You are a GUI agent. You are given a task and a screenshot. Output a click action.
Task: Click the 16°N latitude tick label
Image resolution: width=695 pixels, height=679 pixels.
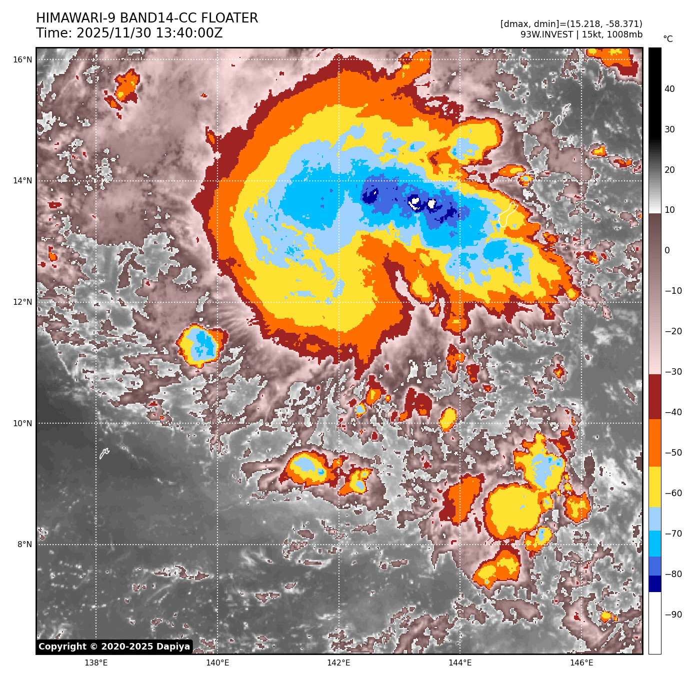[x=22, y=60]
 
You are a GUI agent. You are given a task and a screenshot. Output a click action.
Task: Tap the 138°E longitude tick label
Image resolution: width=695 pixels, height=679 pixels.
[x=96, y=663]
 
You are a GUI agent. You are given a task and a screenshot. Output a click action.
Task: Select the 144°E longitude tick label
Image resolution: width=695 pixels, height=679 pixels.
[x=460, y=663]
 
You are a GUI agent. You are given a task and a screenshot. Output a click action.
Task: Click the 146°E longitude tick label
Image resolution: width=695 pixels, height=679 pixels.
[x=581, y=663]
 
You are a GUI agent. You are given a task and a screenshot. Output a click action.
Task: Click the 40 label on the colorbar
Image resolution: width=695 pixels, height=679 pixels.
[x=669, y=89]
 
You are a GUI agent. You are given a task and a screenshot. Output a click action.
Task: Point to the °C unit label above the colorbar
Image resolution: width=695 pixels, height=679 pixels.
[x=668, y=39]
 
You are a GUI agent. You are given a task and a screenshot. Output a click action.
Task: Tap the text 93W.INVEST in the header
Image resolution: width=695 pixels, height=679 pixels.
[x=546, y=34]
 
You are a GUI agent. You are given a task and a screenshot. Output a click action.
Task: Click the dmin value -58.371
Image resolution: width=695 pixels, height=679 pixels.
[x=621, y=24]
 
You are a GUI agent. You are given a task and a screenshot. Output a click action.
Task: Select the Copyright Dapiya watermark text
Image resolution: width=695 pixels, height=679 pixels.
[x=114, y=647]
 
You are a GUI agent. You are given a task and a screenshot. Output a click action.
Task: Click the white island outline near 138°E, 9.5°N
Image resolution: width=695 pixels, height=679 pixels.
[x=104, y=453]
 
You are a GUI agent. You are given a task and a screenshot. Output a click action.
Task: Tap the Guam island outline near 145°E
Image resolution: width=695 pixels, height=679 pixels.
[x=507, y=214]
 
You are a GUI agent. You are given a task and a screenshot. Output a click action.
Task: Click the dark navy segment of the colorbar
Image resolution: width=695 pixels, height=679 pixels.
[x=655, y=584]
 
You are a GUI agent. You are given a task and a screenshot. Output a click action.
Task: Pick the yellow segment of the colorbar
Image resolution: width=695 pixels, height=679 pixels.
[x=655, y=487]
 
